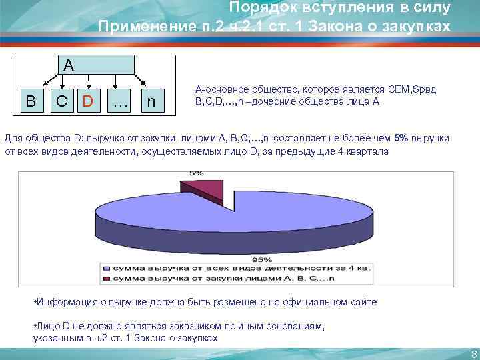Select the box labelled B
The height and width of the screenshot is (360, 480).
pos(30,102)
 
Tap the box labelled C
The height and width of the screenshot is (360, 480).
pos(61,102)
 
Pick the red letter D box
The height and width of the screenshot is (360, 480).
pos(88,102)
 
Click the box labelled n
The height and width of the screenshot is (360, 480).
pos(153,102)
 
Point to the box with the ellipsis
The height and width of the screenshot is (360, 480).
pos(120,102)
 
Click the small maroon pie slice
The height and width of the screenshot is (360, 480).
pos(203,189)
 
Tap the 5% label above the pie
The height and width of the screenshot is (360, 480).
pos(197,173)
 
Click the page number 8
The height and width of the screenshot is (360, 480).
pos(473,353)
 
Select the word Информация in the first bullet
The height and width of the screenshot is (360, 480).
pos(66,302)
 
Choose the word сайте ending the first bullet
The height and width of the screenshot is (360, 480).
pos(363,302)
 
